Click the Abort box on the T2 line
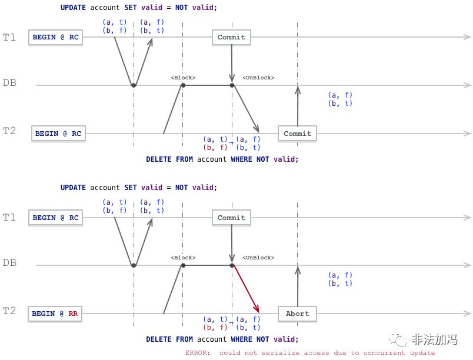(297, 314)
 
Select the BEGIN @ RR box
(55, 314)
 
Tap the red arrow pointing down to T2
(246, 289)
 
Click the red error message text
(310, 352)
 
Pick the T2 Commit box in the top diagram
(297, 134)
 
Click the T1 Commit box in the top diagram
(231, 38)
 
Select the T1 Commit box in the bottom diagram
(231, 218)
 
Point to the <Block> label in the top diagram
(183, 78)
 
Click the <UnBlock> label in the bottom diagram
(258, 258)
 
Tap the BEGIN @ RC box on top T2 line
(58, 134)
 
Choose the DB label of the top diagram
(9, 82)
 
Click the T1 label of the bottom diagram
(9, 217)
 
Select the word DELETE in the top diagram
(158, 159)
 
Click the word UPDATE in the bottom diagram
(73, 188)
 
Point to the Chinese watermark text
(435, 339)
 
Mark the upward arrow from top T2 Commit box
(298, 106)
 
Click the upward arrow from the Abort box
(298, 286)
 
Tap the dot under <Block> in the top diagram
(183, 85)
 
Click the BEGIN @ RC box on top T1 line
(55, 38)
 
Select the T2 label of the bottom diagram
(9, 311)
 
